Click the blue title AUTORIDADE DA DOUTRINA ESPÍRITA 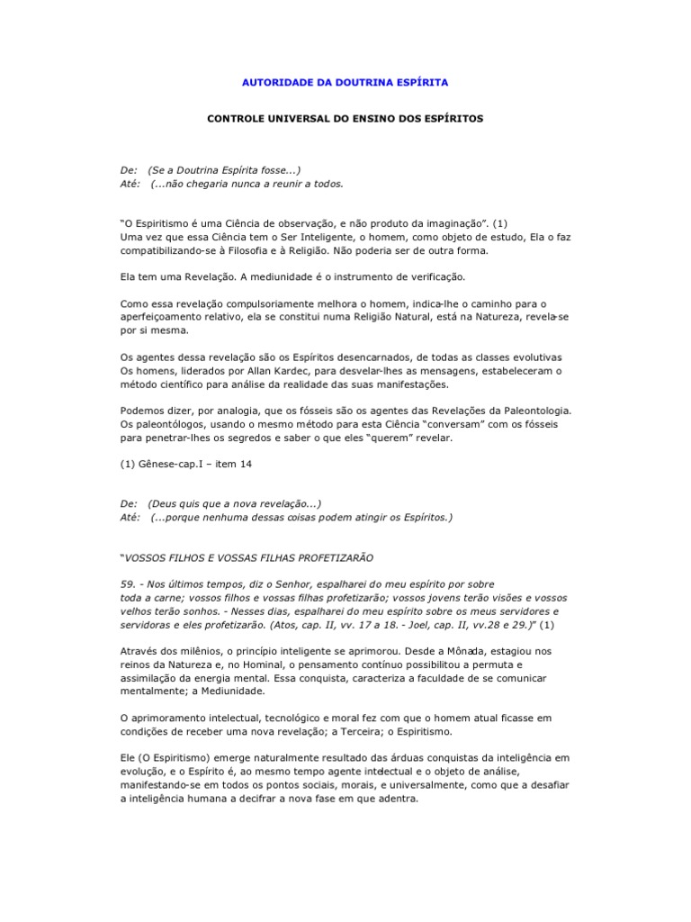(x=345, y=82)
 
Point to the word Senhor (x=293, y=584)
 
